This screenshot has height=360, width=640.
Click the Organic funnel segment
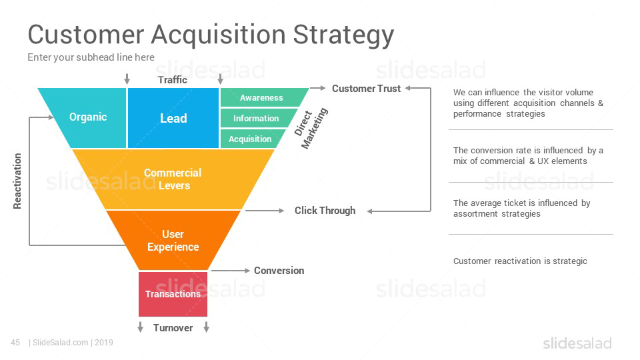pyautogui.click(x=88, y=117)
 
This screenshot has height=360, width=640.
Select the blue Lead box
pyautogui.click(x=173, y=118)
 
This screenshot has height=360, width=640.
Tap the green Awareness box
pyautogui.click(x=261, y=97)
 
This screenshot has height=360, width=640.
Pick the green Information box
pyautogui.click(x=256, y=118)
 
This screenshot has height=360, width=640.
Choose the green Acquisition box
pyautogui.click(x=250, y=139)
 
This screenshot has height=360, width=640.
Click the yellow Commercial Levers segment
pyautogui.click(x=173, y=179)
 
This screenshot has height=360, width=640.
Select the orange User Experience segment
pyautogui.click(x=173, y=241)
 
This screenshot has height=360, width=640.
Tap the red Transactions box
pyautogui.click(x=173, y=294)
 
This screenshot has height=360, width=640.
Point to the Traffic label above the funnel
pyautogui.click(x=173, y=80)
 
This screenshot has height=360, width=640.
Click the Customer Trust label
pyautogui.click(x=366, y=88)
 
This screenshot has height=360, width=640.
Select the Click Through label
pyautogui.click(x=325, y=211)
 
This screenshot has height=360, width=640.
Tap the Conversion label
pyautogui.click(x=279, y=271)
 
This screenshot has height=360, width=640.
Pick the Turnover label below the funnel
pyautogui.click(x=173, y=328)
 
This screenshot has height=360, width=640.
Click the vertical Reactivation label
pyautogui.click(x=17, y=181)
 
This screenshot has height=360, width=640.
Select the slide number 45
pyautogui.click(x=15, y=343)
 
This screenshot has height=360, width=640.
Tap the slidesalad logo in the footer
pyautogui.click(x=577, y=343)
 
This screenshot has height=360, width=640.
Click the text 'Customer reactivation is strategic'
pyautogui.click(x=520, y=261)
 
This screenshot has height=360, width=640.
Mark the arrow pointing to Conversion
pyautogui.click(x=229, y=271)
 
